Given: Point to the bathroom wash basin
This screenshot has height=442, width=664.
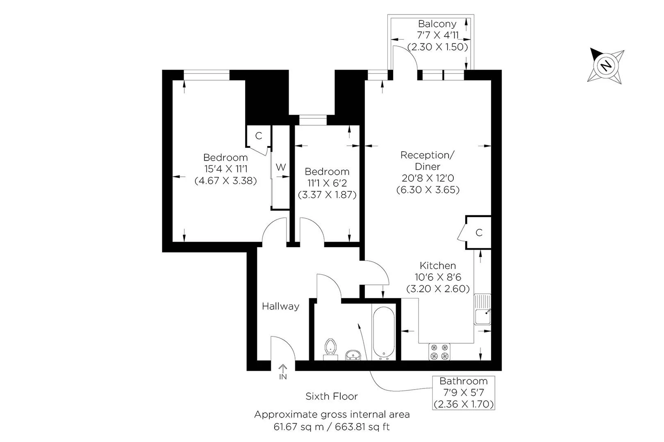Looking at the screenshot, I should pos(352,355).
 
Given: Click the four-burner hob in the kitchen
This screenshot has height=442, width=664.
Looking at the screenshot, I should pos(439,352).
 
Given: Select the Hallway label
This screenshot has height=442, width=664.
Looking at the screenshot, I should pos(281,306).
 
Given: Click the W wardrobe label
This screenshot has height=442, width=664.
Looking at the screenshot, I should pos(281,167).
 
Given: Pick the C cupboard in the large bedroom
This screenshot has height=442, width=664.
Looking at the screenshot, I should pos(258,136).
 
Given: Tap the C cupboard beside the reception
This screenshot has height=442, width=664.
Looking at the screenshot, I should pos(479,232).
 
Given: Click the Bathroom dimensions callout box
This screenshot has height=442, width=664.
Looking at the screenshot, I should pos(464,393).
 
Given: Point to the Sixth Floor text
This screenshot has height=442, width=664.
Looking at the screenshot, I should pos(332,396).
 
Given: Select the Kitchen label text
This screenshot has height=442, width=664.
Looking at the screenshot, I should pos(438,266).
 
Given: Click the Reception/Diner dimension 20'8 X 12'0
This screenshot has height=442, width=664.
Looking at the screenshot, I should pos(428,178).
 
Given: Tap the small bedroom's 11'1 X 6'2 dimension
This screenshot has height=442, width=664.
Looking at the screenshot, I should pos(327,183).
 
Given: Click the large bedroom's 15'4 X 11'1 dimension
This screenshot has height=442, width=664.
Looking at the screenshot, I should pos(225,169).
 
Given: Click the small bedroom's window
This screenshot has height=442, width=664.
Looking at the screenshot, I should pos(313,120).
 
